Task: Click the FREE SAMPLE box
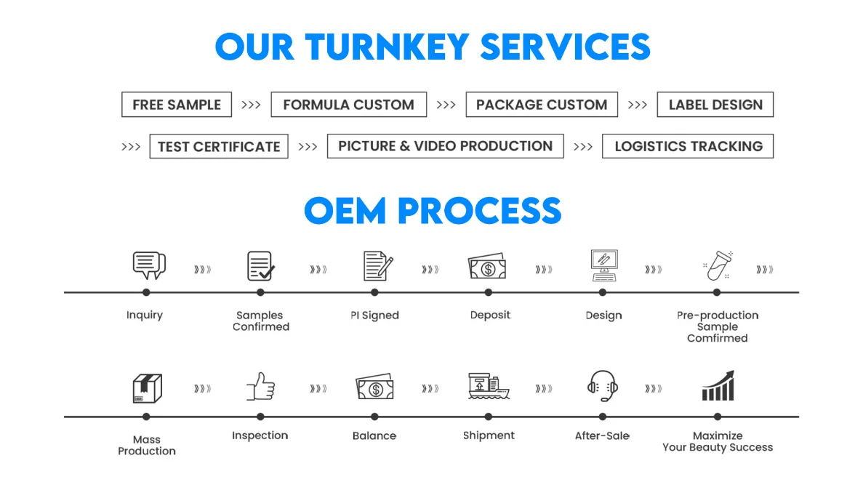(177, 105)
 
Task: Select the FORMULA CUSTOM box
(348, 105)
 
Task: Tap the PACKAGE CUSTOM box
(542, 105)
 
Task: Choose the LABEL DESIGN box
(715, 105)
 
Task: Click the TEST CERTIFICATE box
(219, 146)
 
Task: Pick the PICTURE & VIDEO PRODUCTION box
(445, 146)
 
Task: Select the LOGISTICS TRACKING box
(688, 146)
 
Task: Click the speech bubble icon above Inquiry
(149, 265)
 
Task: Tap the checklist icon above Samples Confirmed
(261, 266)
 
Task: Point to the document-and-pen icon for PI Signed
(377, 266)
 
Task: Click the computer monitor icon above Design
(604, 266)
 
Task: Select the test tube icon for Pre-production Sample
(718, 266)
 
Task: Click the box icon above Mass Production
(148, 387)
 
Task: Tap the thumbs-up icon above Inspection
(261, 387)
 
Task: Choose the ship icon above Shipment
(489, 386)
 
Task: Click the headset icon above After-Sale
(602, 386)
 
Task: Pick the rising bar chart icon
(718, 386)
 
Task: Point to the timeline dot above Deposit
(489, 292)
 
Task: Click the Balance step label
(374, 436)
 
